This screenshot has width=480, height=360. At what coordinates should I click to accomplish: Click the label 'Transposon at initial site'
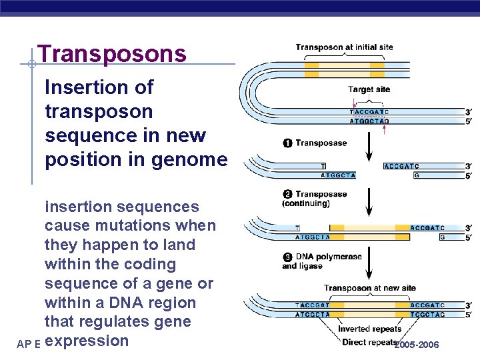(344, 48)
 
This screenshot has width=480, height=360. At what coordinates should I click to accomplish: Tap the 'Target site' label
(369, 89)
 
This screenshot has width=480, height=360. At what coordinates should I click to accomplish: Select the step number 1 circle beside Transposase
(287, 143)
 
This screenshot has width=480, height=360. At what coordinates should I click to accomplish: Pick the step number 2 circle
(287, 195)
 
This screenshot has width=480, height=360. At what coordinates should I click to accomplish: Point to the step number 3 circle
(287, 257)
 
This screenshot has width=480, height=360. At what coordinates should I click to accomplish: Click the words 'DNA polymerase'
(329, 257)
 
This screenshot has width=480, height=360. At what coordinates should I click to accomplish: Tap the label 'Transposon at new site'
(369, 288)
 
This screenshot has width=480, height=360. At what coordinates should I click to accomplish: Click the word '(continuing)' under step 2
(305, 203)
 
